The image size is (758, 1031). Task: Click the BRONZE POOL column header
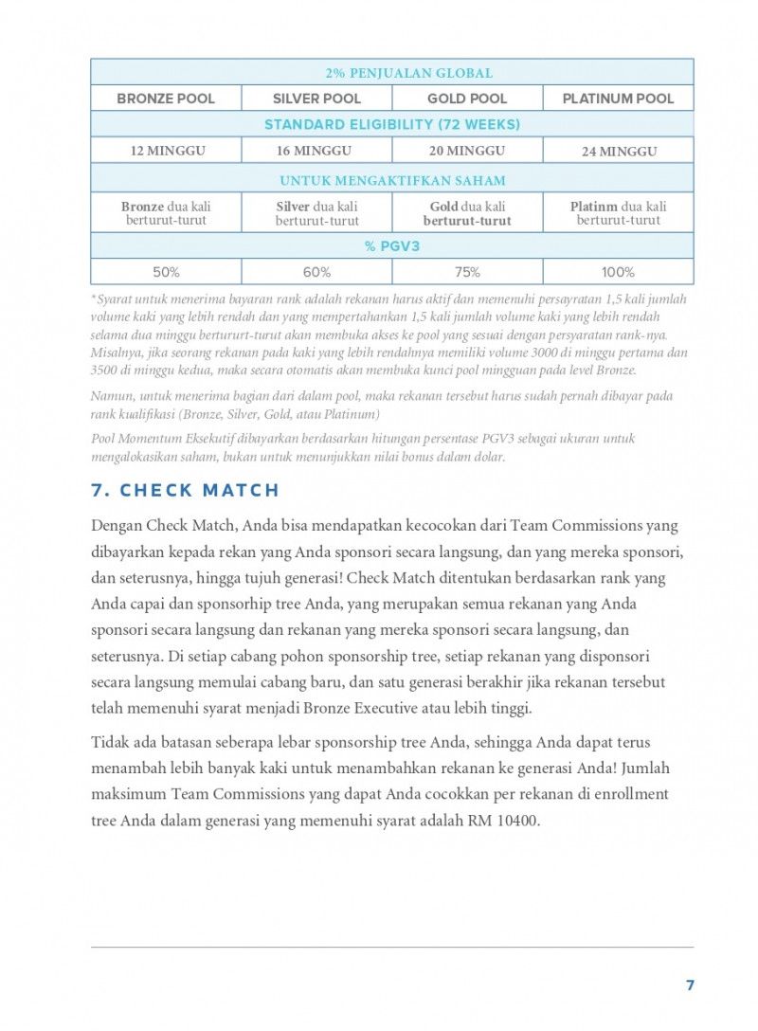click(x=166, y=99)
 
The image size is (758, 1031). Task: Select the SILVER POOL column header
click(x=316, y=99)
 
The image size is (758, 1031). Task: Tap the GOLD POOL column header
click(x=467, y=99)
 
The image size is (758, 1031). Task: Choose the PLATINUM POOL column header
click(x=618, y=99)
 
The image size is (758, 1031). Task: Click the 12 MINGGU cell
click(x=167, y=151)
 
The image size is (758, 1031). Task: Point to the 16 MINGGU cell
click(x=316, y=151)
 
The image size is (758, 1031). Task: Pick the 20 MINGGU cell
click(x=467, y=151)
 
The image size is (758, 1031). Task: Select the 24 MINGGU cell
click(x=619, y=152)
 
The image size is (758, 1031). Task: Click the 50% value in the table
click(x=166, y=272)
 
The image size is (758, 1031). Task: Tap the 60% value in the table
click(x=316, y=272)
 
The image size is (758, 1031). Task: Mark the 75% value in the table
click(x=467, y=272)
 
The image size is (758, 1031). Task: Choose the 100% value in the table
click(x=618, y=272)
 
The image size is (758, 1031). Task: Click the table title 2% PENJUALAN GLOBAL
click(x=392, y=73)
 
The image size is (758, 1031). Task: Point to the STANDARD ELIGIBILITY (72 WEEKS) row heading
click(x=392, y=125)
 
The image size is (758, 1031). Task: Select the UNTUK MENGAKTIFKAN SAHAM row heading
click(x=392, y=180)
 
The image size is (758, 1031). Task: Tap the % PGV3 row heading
click(x=392, y=246)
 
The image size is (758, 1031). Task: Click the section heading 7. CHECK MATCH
click(x=186, y=490)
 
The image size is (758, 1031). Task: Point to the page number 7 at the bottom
click(x=690, y=986)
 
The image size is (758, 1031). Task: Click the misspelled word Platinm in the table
click(x=594, y=207)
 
